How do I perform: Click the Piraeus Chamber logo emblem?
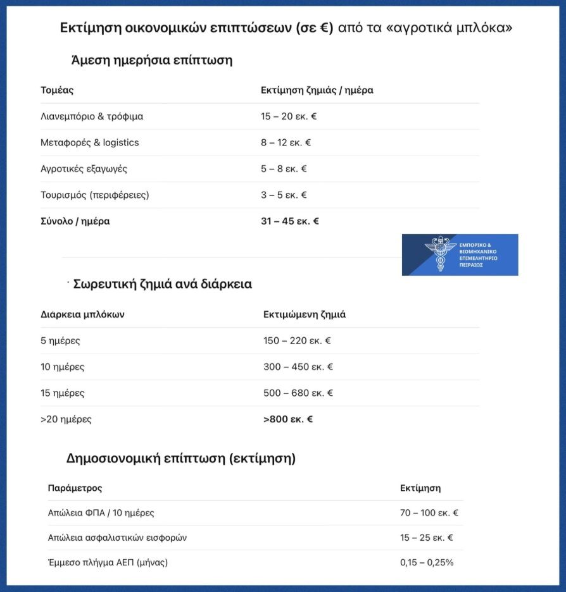[x=441, y=254]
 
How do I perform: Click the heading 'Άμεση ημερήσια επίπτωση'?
[x=152, y=61]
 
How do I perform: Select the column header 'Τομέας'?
[x=57, y=90]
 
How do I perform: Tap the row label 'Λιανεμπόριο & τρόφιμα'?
[x=92, y=116]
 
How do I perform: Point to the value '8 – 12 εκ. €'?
[x=286, y=142]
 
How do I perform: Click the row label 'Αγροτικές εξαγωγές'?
[x=84, y=169]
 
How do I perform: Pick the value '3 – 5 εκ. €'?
[x=284, y=195]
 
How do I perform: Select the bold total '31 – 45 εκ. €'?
[x=290, y=221]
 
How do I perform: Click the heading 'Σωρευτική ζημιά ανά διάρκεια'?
[x=163, y=284]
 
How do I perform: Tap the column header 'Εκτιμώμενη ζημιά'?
[x=305, y=314]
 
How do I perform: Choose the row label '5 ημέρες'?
[x=60, y=341]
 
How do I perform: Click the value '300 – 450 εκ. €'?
[x=298, y=367]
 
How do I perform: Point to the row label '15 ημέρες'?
[x=62, y=393]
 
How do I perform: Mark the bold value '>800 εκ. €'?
[x=288, y=419]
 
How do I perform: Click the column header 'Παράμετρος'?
[x=75, y=488]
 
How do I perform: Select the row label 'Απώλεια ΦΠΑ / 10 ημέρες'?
[x=101, y=513]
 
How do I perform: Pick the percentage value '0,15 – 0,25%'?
[x=427, y=562]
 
